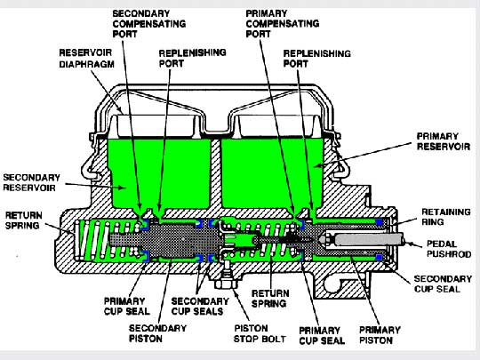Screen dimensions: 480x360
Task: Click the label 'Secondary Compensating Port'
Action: tap(149, 24)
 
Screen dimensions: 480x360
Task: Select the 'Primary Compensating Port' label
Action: tap(283, 24)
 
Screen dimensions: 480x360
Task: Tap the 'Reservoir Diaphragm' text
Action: tap(86, 58)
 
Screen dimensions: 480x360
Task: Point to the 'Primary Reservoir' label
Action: tap(444, 141)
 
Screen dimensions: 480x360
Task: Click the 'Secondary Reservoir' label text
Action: tap(31, 182)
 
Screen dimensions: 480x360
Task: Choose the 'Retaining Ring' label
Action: tap(445, 217)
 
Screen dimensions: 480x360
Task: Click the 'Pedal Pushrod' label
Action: tap(449, 249)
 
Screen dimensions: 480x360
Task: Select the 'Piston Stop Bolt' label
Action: tap(260, 333)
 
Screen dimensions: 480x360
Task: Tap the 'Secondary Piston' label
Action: tap(157, 333)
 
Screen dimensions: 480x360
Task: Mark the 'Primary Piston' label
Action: tap(380, 335)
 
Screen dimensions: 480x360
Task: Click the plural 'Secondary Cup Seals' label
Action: tap(200, 306)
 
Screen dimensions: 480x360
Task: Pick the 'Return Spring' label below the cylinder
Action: tap(270, 299)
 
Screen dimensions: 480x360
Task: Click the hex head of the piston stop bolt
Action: tap(226, 284)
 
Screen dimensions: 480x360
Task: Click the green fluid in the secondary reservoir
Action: tap(159, 173)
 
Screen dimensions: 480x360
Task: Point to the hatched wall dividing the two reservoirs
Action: tap(216, 174)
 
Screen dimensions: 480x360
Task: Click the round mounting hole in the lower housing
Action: tap(334, 284)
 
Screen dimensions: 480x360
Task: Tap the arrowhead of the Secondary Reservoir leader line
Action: tap(123, 188)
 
